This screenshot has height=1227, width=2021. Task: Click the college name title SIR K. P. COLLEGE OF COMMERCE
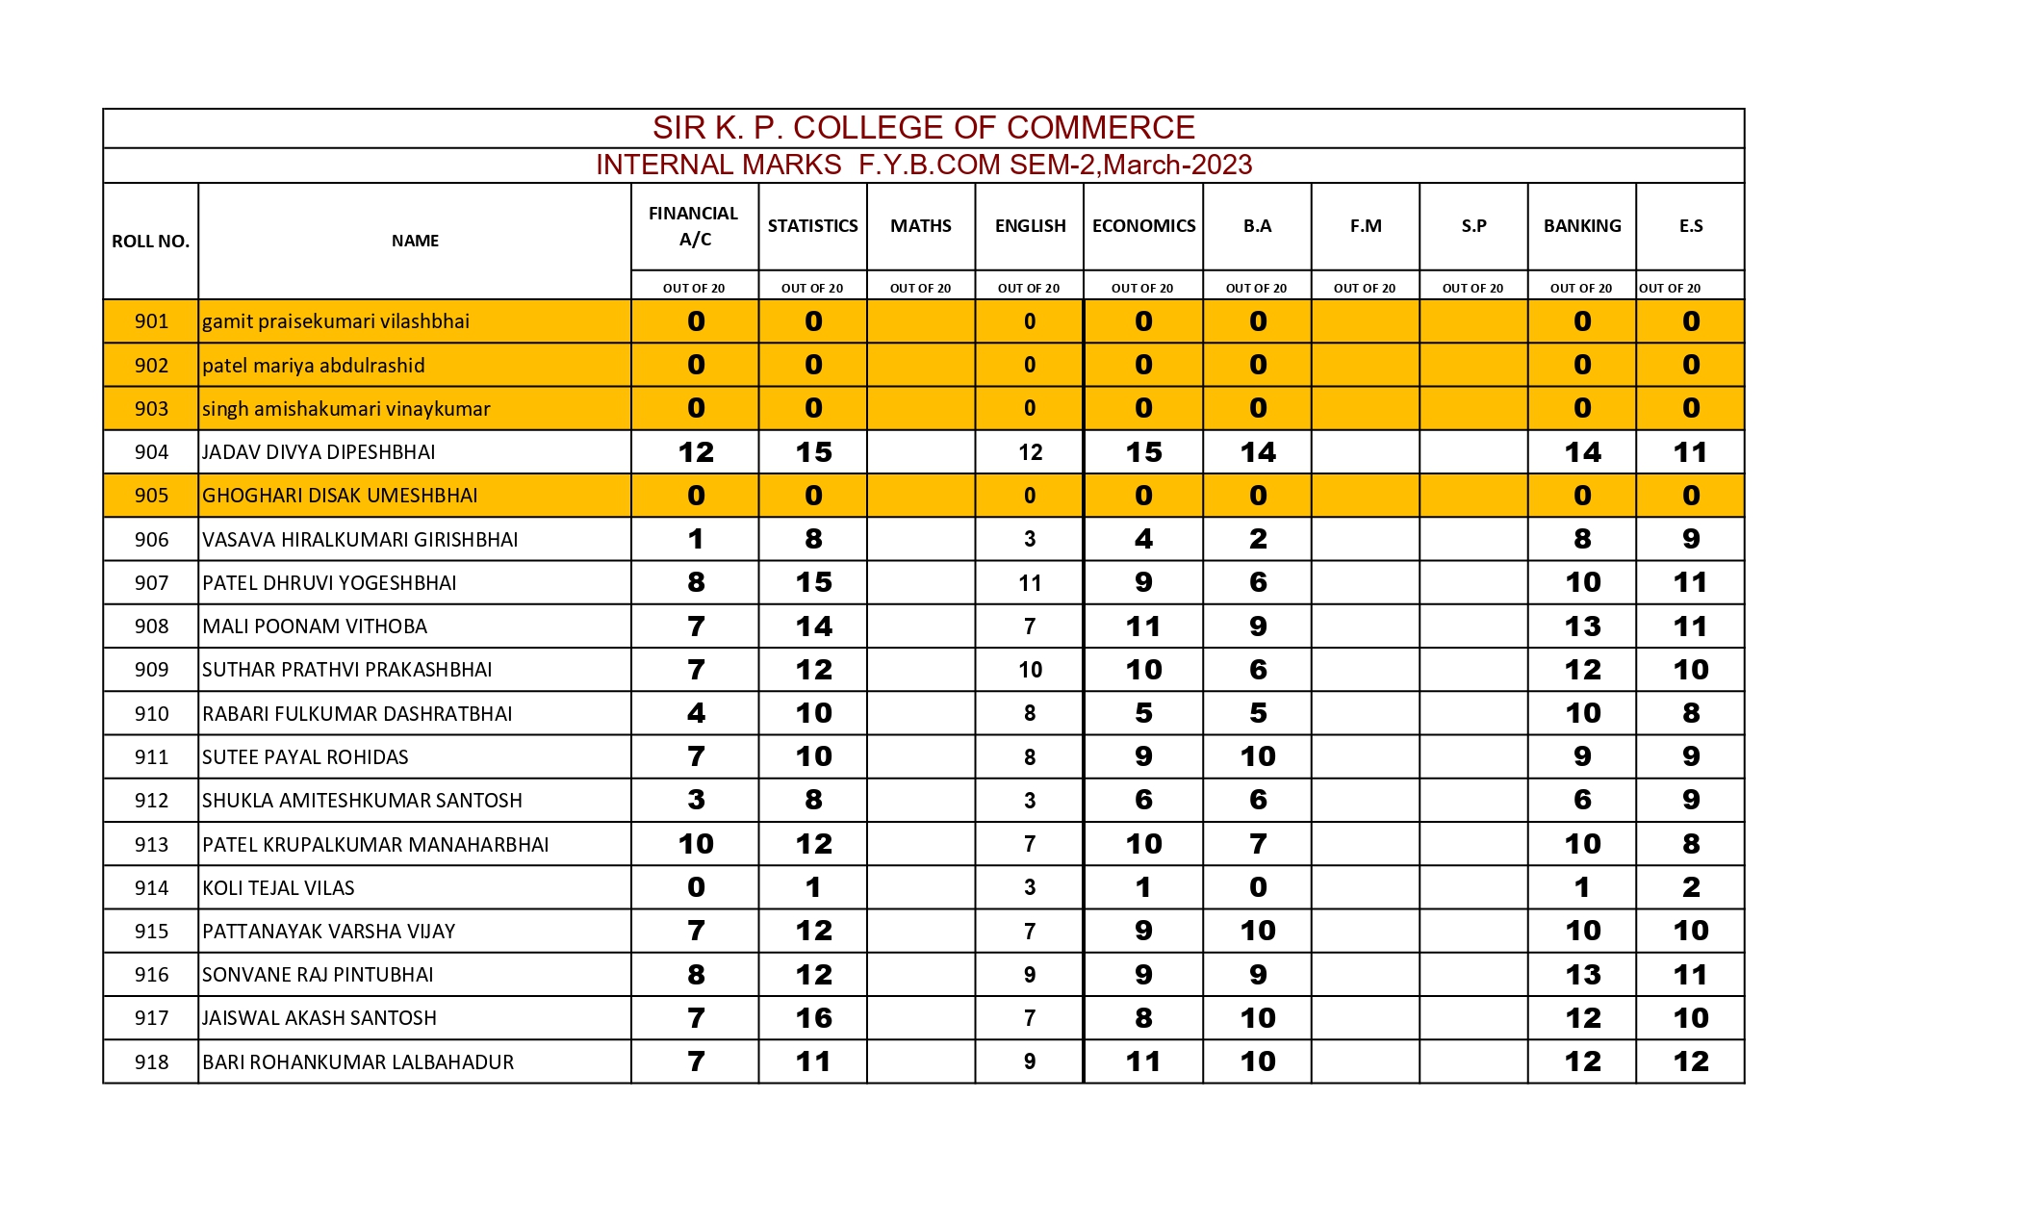point(923,128)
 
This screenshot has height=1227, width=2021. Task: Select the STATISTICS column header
point(812,226)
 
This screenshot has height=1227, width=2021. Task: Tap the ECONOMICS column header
point(1143,226)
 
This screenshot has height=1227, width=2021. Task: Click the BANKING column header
point(1581,226)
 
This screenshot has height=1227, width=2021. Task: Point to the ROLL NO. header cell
point(150,242)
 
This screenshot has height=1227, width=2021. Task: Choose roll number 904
point(151,452)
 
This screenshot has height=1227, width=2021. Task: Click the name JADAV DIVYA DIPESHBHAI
point(319,452)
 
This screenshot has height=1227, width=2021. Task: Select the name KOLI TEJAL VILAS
point(278,888)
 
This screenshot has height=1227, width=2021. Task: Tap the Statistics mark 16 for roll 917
point(813,1018)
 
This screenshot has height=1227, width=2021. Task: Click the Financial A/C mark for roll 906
point(696,540)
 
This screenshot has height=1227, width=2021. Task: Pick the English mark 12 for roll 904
point(1030,452)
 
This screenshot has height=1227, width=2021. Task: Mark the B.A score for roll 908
point(1258,626)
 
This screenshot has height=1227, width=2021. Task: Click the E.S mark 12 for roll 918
point(1691,1061)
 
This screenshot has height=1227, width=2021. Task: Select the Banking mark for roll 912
point(1582,801)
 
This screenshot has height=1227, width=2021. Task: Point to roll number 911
point(151,757)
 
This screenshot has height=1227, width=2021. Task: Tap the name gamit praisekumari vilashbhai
point(336,321)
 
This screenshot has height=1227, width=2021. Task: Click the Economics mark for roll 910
point(1143,714)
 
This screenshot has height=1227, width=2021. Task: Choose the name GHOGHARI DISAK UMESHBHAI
point(340,496)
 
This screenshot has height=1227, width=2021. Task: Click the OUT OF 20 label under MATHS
point(920,289)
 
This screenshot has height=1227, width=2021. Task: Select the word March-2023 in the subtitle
point(1177,166)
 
